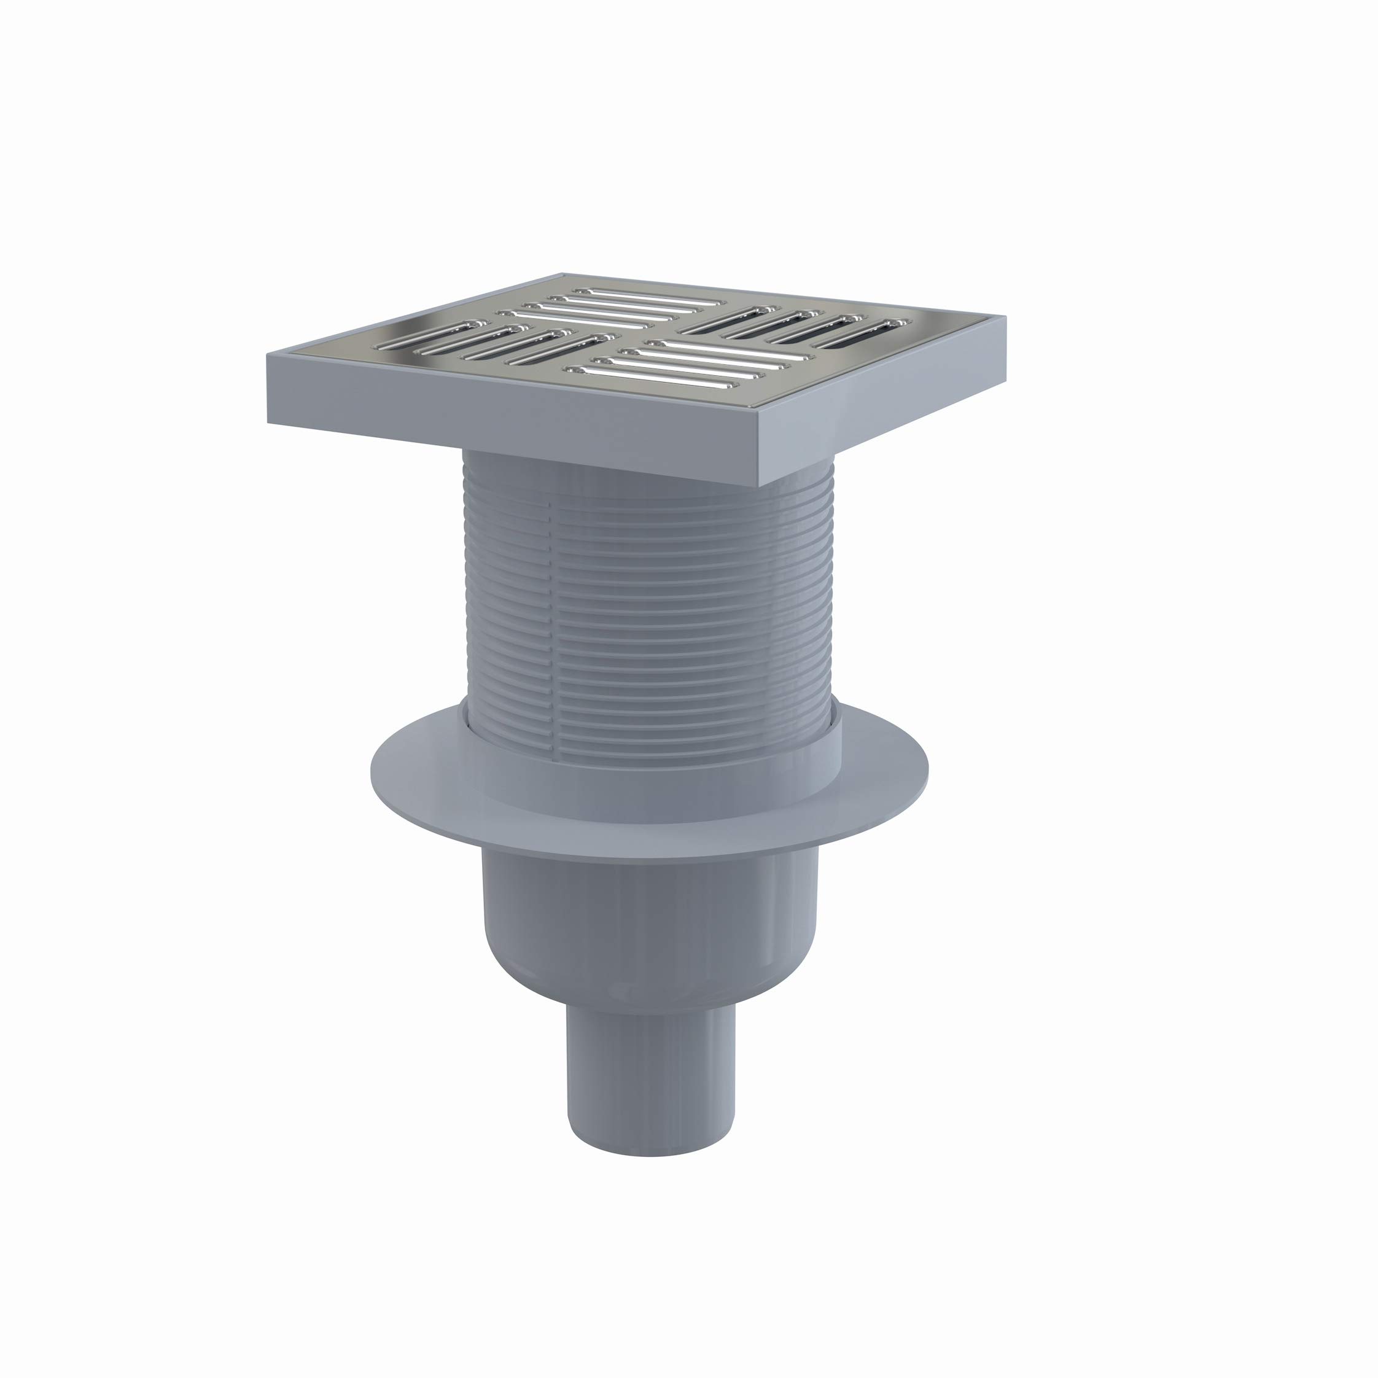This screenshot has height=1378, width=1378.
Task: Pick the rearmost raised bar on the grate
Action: click(649, 295)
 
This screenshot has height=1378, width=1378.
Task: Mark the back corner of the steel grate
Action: click(564, 275)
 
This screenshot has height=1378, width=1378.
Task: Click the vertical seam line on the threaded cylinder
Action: click(551, 606)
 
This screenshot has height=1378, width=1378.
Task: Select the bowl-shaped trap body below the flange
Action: click(649, 927)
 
